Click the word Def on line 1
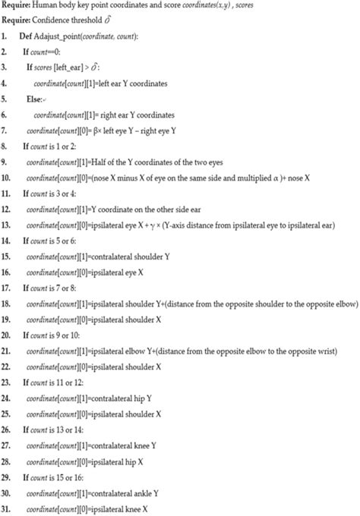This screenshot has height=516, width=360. [26, 36]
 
